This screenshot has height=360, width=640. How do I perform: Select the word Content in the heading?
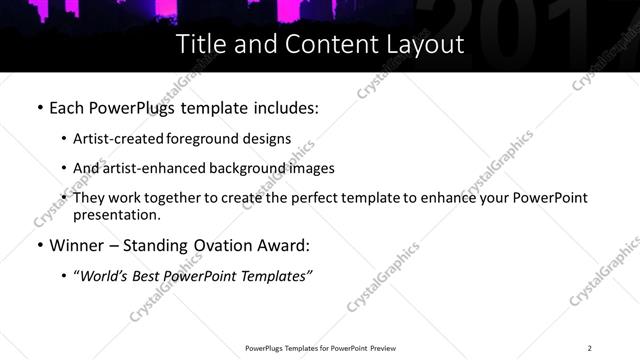click(330, 45)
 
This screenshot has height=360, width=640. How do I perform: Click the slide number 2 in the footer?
click(590, 347)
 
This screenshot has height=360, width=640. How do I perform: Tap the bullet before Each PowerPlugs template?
click(38, 107)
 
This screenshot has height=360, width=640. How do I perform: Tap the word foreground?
click(211, 140)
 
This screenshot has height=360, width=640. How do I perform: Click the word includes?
click(285, 107)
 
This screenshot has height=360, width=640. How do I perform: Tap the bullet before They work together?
click(64, 198)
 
